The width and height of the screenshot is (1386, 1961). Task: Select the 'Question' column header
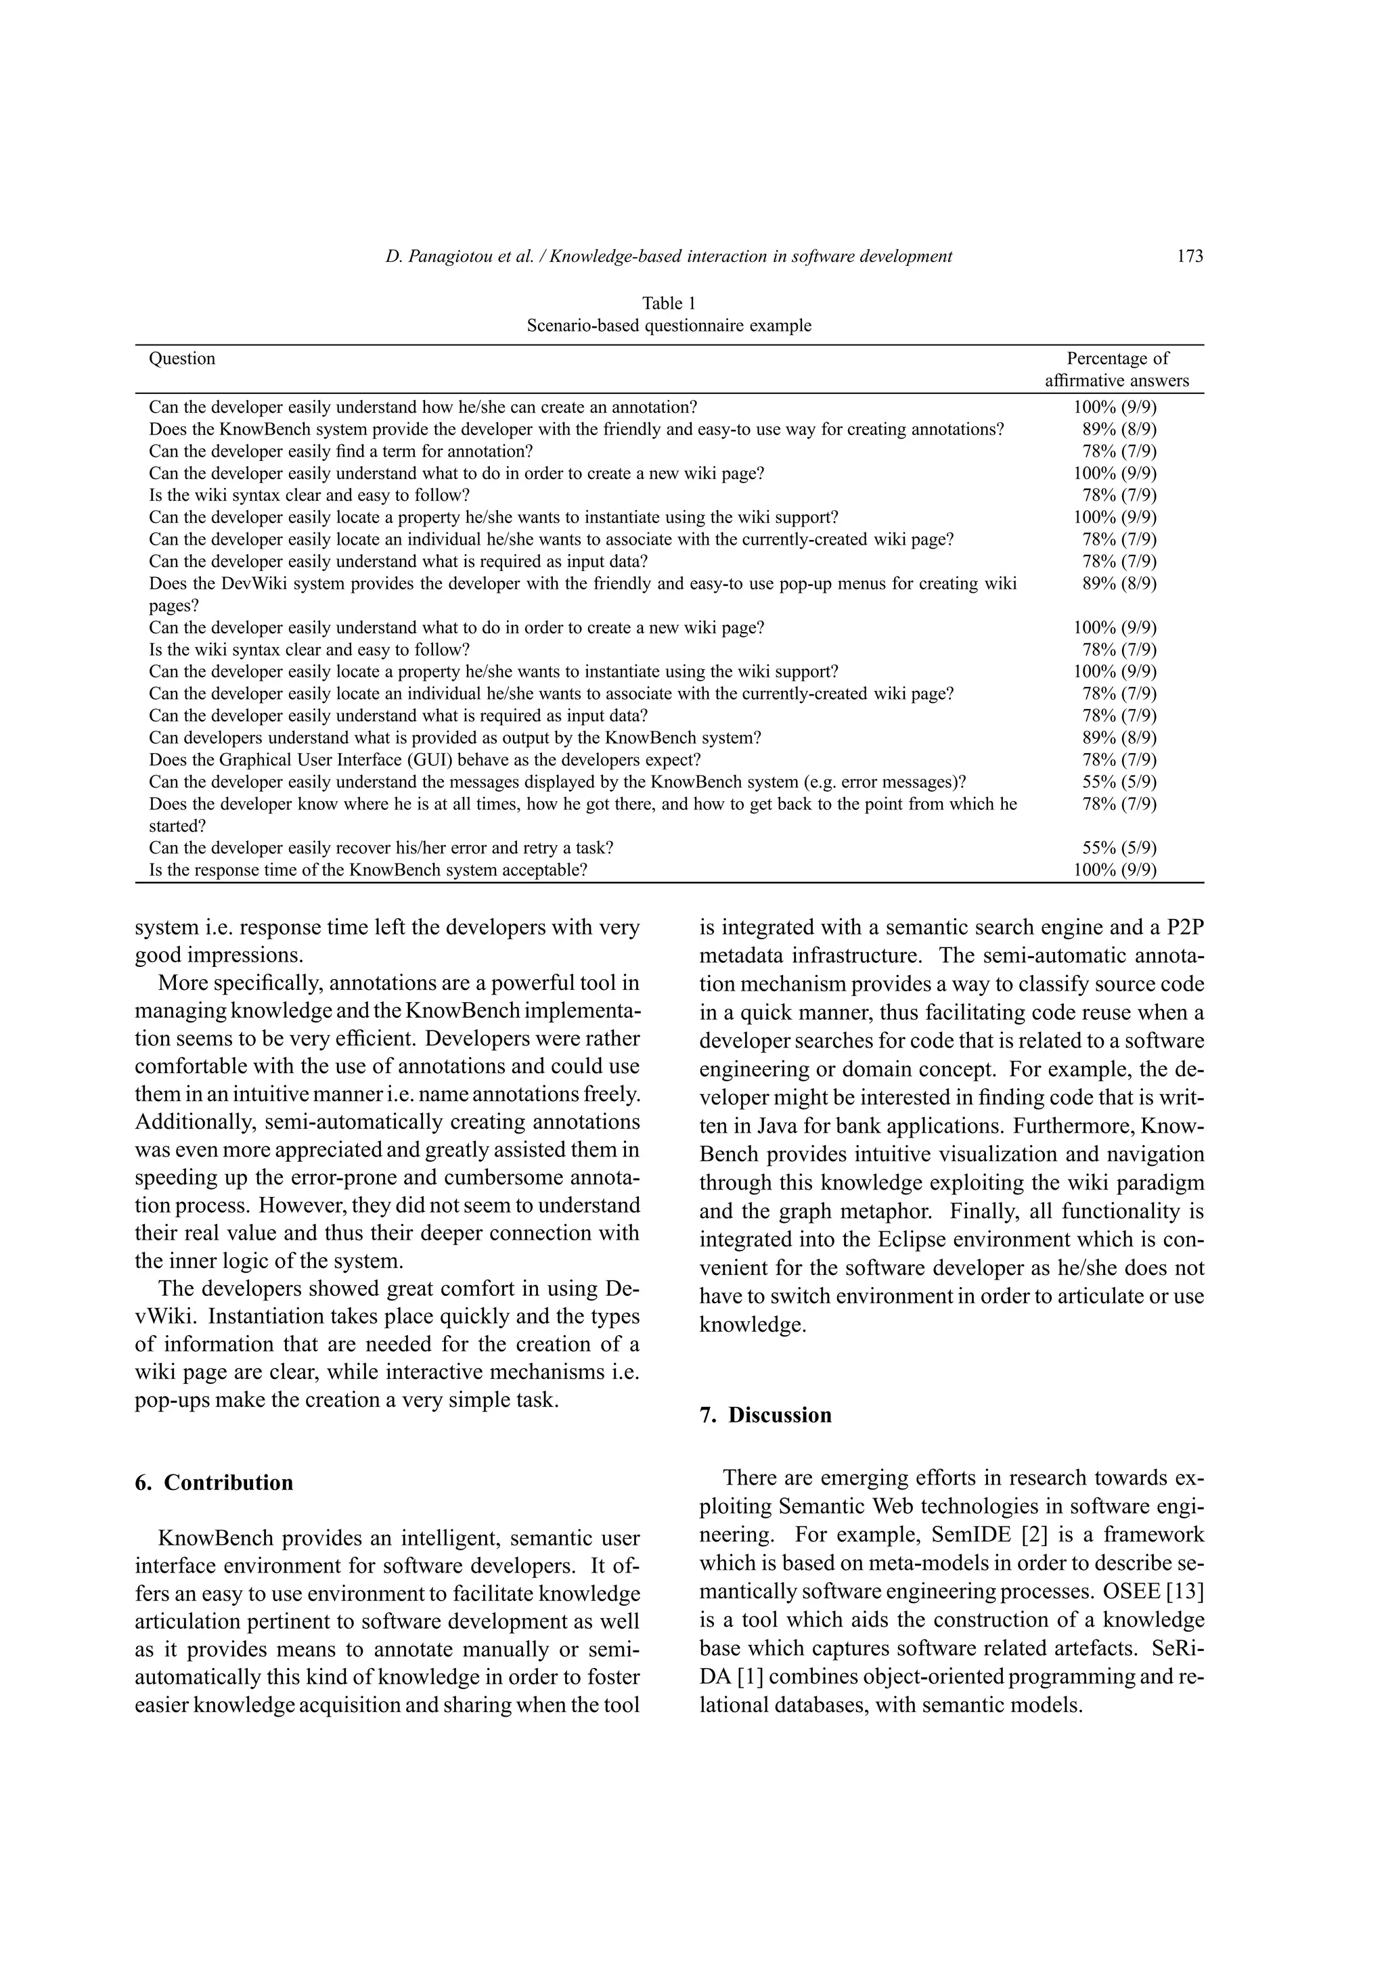[x=182, y=359]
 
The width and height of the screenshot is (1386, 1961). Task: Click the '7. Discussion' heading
[x=765, y=1414]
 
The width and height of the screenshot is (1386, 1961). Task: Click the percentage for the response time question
[x=1115, y=870]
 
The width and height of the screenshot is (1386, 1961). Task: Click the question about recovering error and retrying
[x=381, y=847]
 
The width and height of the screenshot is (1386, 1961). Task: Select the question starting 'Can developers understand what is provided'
[x=454, y=737]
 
